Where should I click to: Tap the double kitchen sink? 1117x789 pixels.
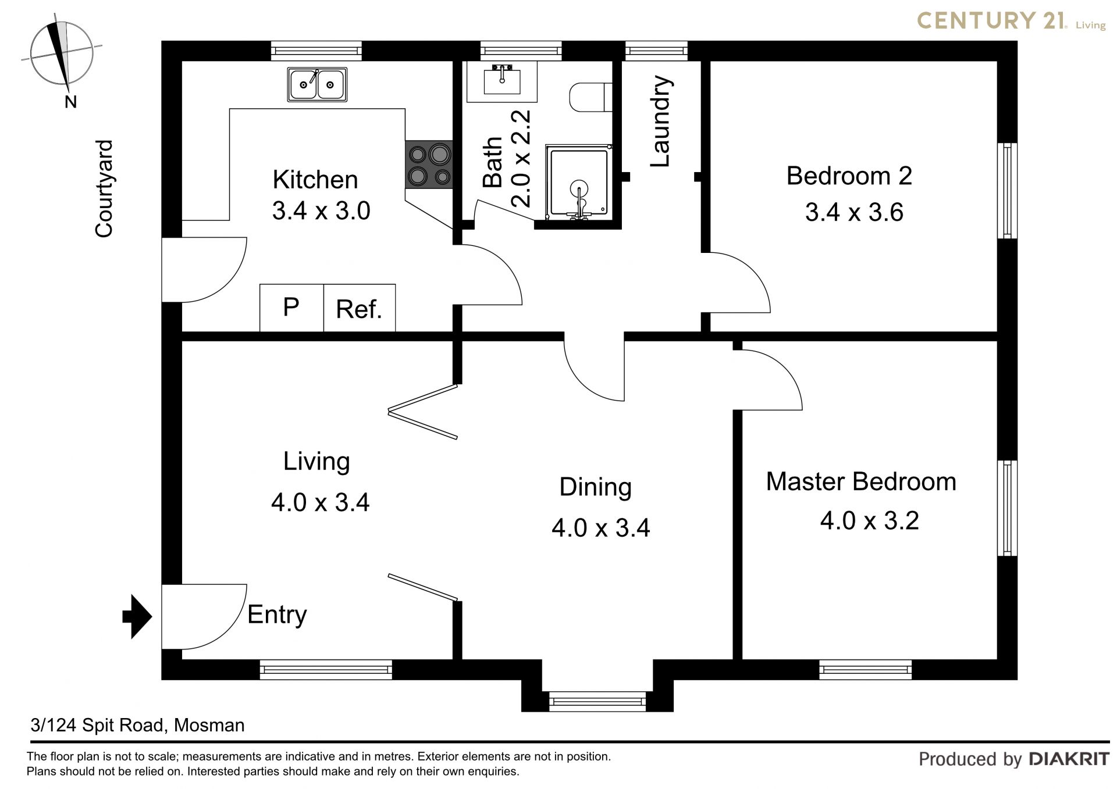tap(317, 84)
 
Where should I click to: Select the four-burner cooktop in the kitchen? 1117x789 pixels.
tap(429, 165)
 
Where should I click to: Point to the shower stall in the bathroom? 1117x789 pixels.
tap(578, 182)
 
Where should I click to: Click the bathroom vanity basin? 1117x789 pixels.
tap(501, 80)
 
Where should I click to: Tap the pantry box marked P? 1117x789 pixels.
tap(291, 308)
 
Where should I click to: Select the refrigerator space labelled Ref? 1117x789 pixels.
tap(360, 308)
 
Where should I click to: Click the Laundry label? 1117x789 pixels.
tap(661, 121)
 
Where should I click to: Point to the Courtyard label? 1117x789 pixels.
tap(104, 188)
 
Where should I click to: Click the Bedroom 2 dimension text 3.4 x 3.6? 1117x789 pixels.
tap(854, 213)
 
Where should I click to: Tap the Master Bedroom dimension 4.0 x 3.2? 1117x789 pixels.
tap(869, 521)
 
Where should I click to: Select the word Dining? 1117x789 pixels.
tap(595, 487)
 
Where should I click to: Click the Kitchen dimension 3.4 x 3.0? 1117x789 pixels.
tap(321, 210)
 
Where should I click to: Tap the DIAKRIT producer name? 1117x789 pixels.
tap(1069, 759)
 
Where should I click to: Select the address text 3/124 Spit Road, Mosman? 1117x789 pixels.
tap(138, 725)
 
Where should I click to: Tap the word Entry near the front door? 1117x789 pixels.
tap(277, 615)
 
